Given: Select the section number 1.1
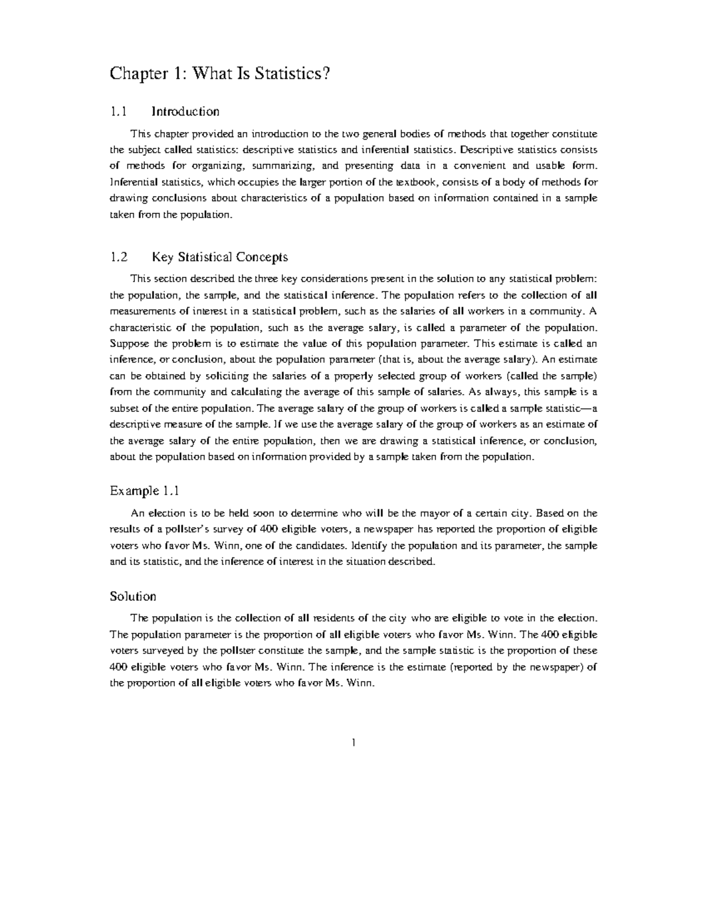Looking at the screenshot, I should pos(118,111).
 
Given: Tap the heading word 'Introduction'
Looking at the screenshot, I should pos(186,111).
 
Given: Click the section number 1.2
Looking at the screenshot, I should pos(118,257).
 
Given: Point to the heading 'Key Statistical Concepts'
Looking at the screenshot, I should pos(220,257).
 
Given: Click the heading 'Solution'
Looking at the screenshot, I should pos(133,596).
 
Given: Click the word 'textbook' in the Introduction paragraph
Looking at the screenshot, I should pos(416,182).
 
